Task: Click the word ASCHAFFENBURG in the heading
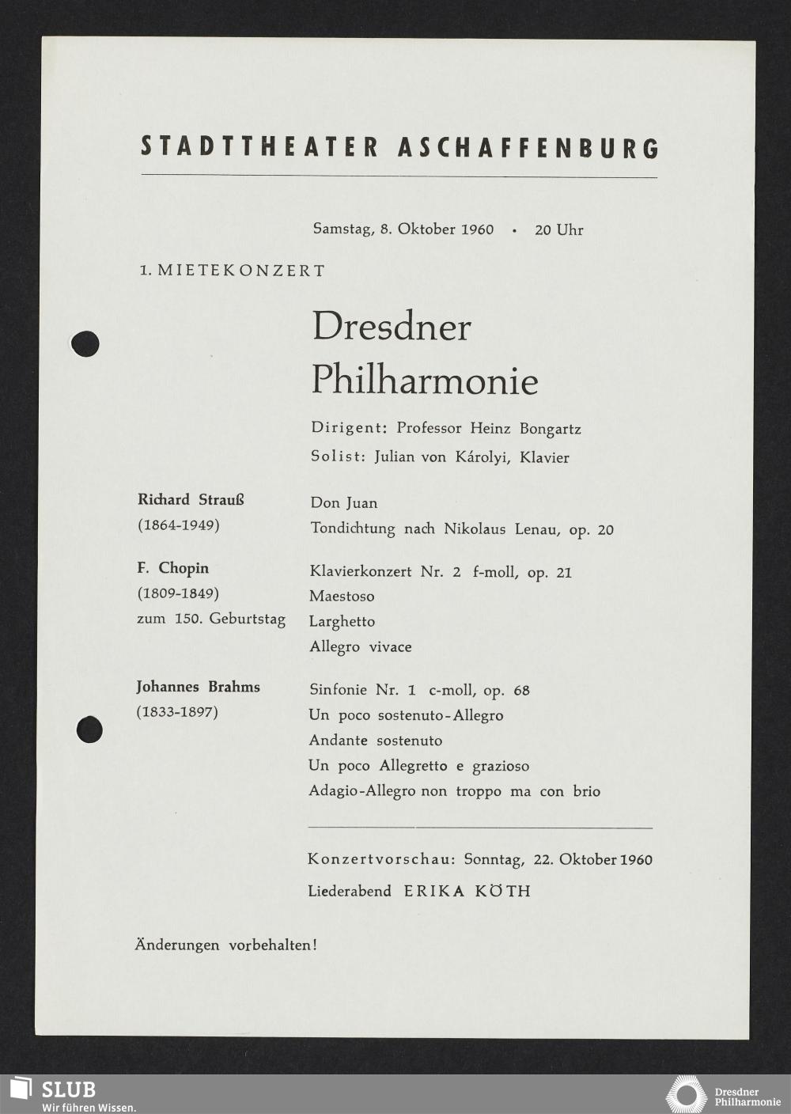pyautogui.click(x=528, y=148)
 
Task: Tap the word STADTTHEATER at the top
pyautogui.click(x=259, y=147)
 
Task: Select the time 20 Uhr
pyautogui.click(x=558, y=230)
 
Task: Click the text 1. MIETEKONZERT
pyautogui.click(x=232, y=271)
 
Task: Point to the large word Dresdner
pyautogui.click(x=392, y=327)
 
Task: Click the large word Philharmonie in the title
pyautogui.click(x=424, y=380)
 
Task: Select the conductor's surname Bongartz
pyautogui.click(x=550, y=430)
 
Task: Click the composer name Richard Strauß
pyautogui.click(x=191, y=500)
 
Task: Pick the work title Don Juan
pyautogui.click(x=343, y=503)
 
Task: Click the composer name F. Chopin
pyautogui.click(x=172, y=568)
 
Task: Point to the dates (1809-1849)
pyautogui.click(x=178, y=593)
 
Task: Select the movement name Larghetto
pyautogui.click(x=342, y=622)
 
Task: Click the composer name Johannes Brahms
pyautogui.click(x=198, y=687)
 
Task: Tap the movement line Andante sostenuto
pyautogui.click(x=375, y=741)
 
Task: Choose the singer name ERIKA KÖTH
pyautogui.click(x=467, y=891)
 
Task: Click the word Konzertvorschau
pyautogui.click(x=380, y=859)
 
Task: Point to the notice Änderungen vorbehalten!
pyautogui.click(x=225, y=945)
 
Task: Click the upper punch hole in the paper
pyautogui.click(x=85, y=343)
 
